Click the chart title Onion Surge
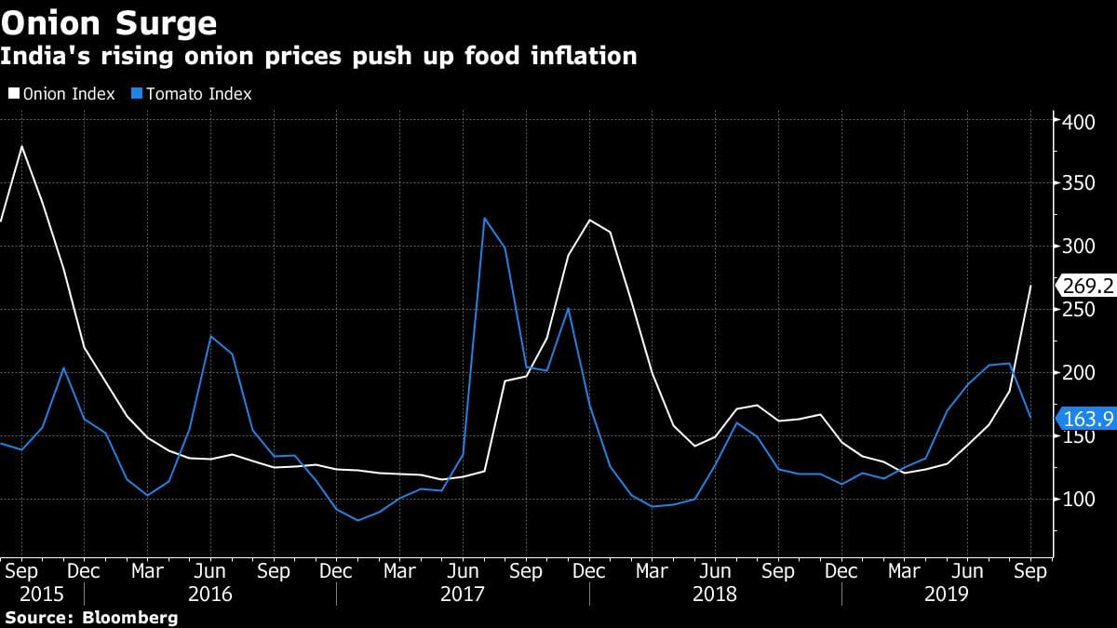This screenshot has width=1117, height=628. point(109,22)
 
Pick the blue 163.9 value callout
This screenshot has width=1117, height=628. point(1087,420)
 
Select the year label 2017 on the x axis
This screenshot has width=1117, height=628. point(463,594)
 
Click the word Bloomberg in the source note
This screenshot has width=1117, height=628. point(130,617)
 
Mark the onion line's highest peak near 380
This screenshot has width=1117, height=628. point(21,146)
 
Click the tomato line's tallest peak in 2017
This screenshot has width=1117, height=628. point(485,219)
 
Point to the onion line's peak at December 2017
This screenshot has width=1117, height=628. point(590,220)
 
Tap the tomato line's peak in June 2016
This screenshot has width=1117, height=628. point(211,337)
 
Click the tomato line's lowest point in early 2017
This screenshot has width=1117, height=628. point(358,520)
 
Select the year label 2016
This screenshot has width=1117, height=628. point(210,594)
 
